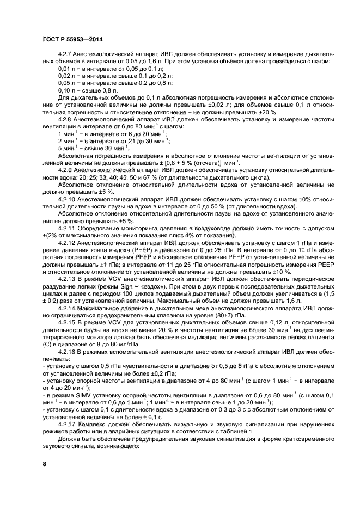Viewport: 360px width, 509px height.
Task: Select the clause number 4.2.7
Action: [67, 56]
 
